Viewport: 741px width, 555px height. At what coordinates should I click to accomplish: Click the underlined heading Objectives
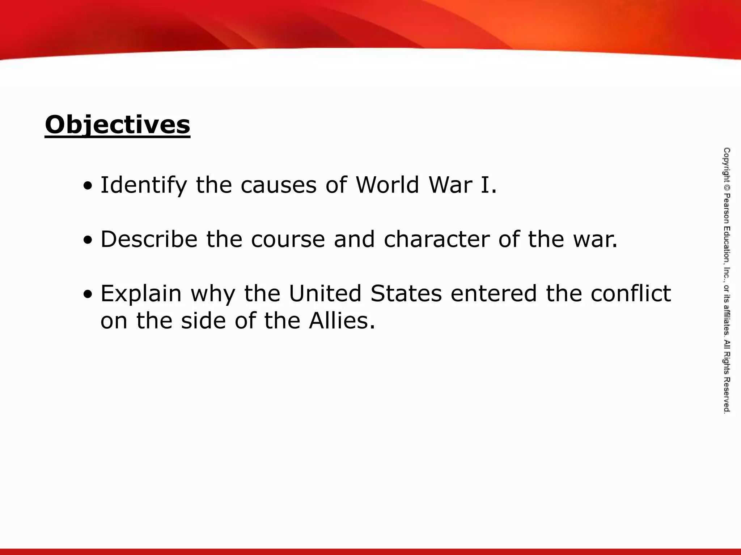tap(117, 125)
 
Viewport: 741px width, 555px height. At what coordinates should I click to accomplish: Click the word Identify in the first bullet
tap(144, 185)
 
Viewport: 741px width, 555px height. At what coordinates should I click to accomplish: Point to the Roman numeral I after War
tap(484, 185)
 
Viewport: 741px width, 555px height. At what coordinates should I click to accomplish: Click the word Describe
tap(149, 239)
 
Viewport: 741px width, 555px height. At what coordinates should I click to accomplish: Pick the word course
tap(288, 239)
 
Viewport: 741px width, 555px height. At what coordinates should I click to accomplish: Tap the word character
tap(436, 239)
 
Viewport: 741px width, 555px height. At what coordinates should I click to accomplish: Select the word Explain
tap(141, 293)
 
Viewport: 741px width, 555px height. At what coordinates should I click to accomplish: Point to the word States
tap(406, 293)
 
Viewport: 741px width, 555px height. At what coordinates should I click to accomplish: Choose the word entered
tap(494, 293)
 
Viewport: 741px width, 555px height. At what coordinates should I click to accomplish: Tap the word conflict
tap(631, 293)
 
